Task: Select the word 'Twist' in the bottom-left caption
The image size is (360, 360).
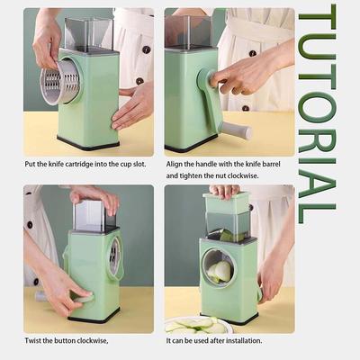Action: [x=33, y=340]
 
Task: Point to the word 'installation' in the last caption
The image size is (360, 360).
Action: [x=238, y=340]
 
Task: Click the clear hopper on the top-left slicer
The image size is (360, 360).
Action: [x=88, y=33]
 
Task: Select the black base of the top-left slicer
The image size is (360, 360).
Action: [x=88, y=142]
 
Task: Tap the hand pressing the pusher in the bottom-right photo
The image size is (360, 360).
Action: [x=225, y=191]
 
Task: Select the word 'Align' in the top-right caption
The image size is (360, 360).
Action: [x=174, y=163]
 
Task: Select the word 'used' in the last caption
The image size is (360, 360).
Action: [x=202, y=340]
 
